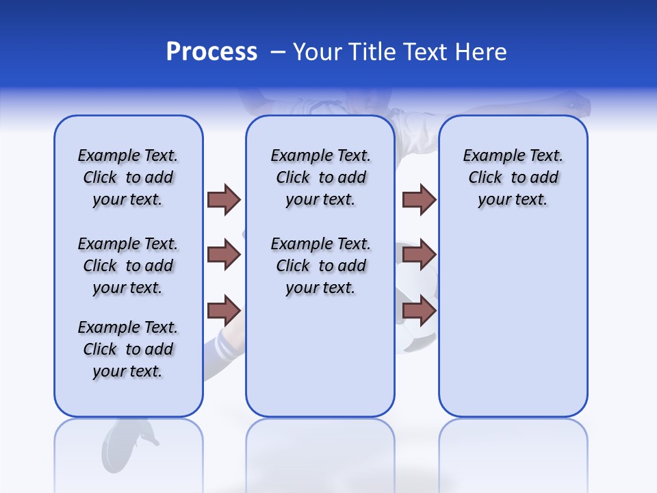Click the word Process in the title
pyautogui.click(x=211, y=52)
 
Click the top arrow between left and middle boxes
pyautogui.click(x=224, y=199)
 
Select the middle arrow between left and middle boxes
pyautogui.click(x=224, y=255)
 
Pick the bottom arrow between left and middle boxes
pyautogui.click(x=224, y=311)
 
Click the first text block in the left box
pyautogui.click(x=128, y=177)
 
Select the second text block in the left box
pyautogui.click(x=128, y=266)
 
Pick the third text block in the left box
pyautogui.click(x=128, y=349)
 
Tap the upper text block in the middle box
pyautogui.click(x=320, y=177)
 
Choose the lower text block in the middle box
pyautogui.click(x=320, y=266)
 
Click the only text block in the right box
pyautogui.click(x=513, y=177)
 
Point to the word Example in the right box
pyautogui.click(x=489, y=156)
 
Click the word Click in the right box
pyautogui.click(x=485, y=178)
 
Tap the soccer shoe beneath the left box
pyautogui.click(x=130, y=442)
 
